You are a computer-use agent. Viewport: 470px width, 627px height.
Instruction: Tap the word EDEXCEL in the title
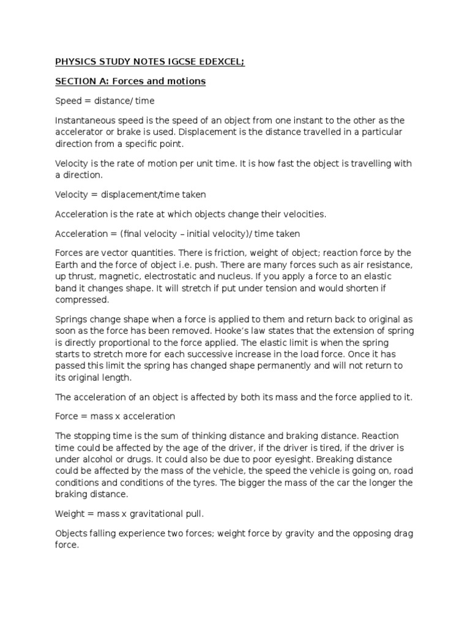[220, 62]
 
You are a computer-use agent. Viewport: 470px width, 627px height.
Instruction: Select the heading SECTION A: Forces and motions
[130, 81]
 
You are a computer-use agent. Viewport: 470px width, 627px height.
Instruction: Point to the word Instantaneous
[86, 121]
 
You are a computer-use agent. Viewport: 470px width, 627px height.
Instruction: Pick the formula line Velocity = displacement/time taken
[130, 195]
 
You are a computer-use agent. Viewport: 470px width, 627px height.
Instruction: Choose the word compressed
[81, 300]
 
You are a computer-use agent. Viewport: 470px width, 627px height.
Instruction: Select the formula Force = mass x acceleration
[115, 416]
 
